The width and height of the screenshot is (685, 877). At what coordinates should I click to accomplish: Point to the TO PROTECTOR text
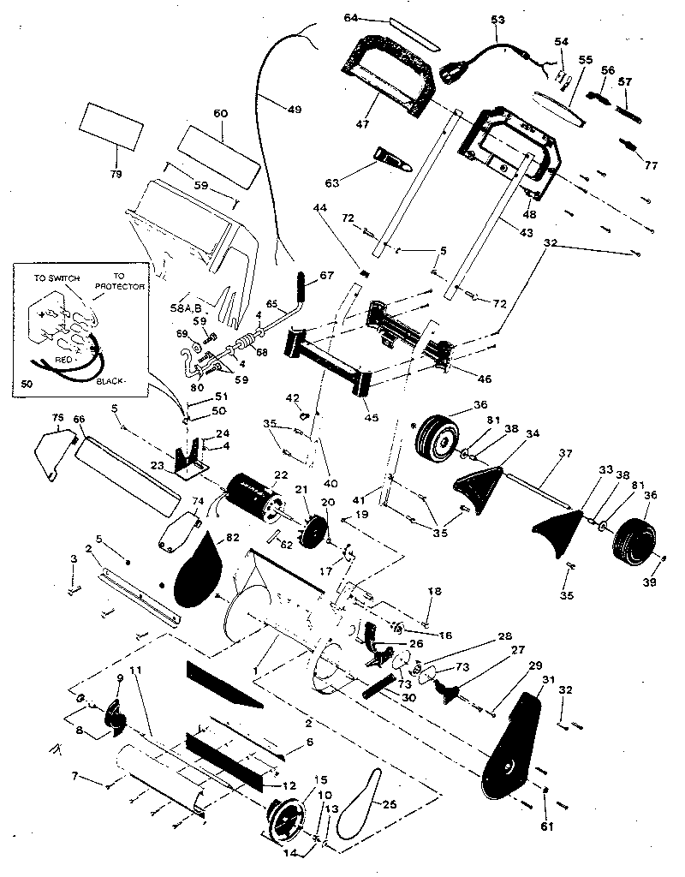point(120,281)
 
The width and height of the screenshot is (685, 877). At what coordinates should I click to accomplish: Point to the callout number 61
point(547,826)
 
